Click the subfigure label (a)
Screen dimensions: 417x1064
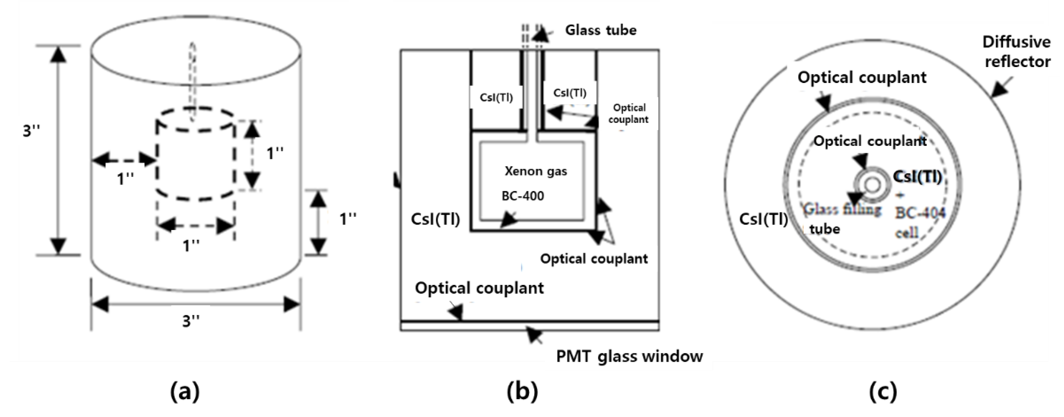click(185, 391)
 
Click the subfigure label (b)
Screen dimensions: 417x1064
click(522, 391)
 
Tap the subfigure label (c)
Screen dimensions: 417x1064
click(883, 391)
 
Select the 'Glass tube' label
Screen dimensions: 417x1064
click(601, 30)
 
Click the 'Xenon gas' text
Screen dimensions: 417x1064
click(536, 171)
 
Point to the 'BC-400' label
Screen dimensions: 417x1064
click(523, 196)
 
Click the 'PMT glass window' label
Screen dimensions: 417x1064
click(629, 356)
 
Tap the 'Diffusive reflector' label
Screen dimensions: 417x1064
click(1016, 52)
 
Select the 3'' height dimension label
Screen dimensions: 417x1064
click(31, 131)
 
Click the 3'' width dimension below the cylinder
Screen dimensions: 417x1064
click(191, 321)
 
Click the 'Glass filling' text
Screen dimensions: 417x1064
click(842, 210)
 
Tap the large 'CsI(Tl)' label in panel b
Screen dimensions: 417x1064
click(435, 219)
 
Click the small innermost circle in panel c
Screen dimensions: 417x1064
click(872, 185)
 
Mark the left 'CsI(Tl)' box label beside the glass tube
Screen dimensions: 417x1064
click(496, 97)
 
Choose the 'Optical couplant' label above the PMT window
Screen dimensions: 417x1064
click(479, 288)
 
